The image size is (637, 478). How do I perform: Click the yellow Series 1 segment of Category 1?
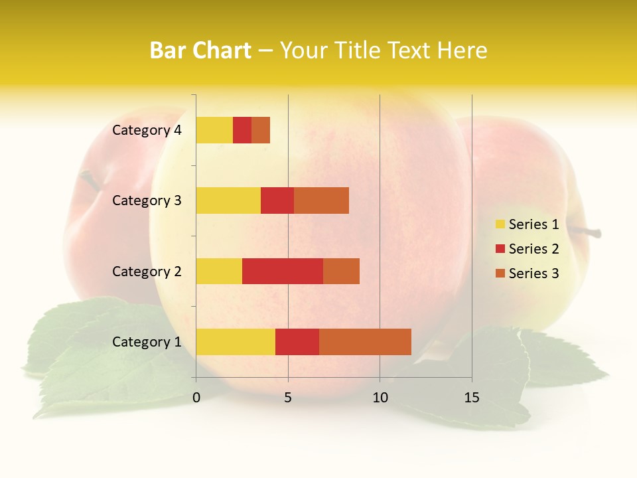point(236,342)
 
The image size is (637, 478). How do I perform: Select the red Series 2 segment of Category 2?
point(283,271)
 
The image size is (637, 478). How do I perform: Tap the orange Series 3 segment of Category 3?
point(321,200)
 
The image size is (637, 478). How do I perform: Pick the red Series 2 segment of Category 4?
point(242,130)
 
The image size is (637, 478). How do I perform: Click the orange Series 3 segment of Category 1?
point(365,342)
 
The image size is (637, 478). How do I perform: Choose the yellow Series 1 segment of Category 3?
point(228,200)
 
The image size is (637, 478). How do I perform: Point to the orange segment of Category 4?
point(261,130)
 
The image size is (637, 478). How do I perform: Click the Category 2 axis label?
point(147,271)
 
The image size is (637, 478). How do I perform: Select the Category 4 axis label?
point(147,130)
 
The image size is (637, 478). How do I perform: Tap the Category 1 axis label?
point(147,342)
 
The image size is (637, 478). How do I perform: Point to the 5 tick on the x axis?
point(288,398)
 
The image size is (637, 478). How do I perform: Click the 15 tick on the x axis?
point(472,398)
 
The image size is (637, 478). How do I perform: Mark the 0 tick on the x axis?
point(196,398)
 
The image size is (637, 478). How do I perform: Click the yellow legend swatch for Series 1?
point(500,224)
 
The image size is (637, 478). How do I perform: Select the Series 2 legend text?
point(533,249)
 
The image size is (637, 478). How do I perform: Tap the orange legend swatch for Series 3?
point(500,274)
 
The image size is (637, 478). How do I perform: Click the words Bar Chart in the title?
point(200,50)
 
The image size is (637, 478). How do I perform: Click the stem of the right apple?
point(588,232)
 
